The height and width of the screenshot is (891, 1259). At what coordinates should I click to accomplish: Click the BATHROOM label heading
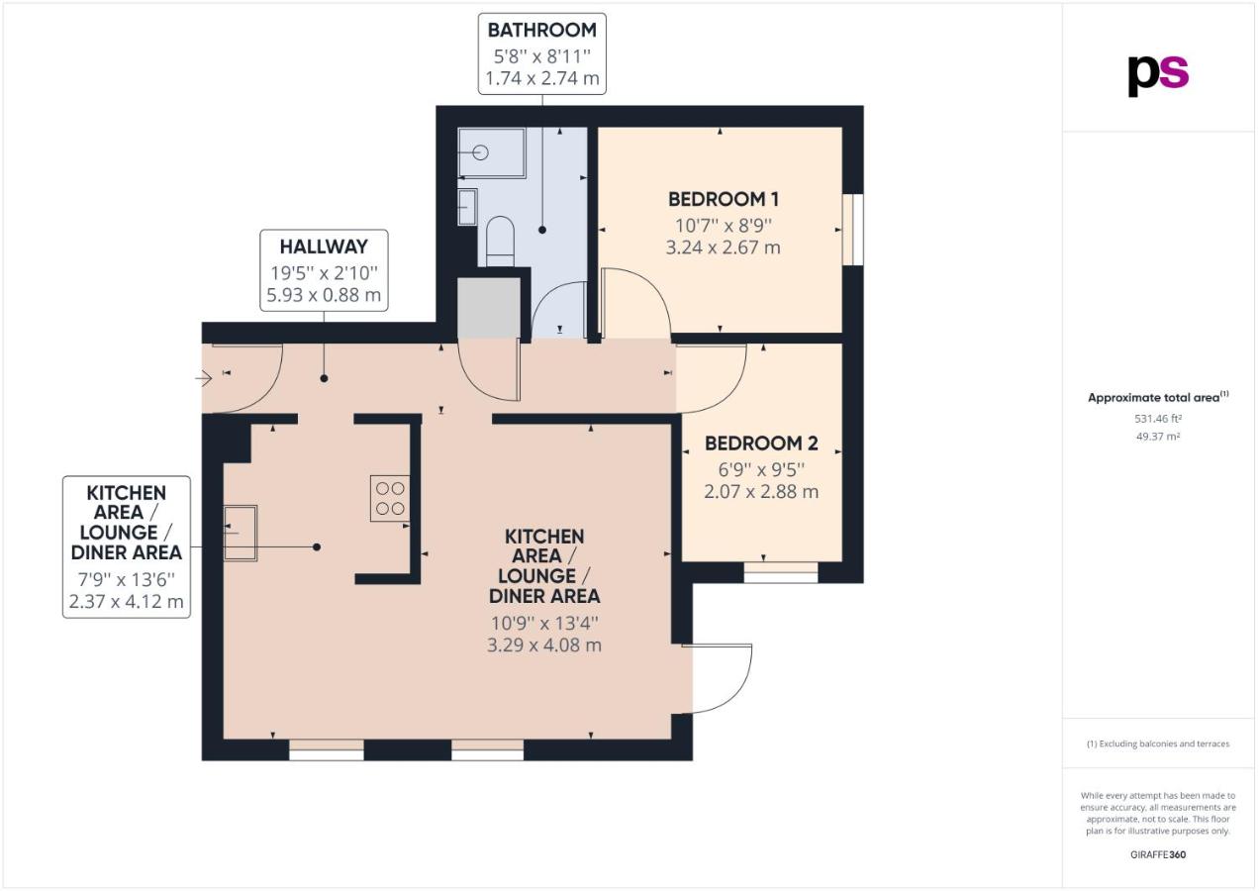(x=541, y=31)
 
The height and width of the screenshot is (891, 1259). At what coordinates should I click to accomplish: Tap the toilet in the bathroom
(x=500, y=242)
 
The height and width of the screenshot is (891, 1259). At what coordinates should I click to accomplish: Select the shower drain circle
(x=481, y=152)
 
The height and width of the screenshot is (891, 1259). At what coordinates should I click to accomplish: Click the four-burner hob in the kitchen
(x=390, y=498)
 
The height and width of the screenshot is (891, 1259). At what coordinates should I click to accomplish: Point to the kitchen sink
(x=241, y=533)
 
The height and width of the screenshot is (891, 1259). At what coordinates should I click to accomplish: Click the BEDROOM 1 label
(x=724, y=199)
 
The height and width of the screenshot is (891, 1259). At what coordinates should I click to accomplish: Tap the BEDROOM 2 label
(x=761, y=444)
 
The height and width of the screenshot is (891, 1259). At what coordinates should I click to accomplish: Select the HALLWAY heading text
(x=324, y=247)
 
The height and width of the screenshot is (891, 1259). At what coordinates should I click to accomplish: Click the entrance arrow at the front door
(x=204, y=379)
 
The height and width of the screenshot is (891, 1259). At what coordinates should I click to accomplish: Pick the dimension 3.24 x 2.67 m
(x=724, y=247)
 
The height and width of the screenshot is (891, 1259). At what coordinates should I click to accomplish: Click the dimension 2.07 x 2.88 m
(x=761, y=492)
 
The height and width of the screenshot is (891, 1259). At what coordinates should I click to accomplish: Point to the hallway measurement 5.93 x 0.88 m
(x=324, y=295)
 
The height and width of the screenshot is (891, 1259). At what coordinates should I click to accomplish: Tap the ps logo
(x=1158, y=76)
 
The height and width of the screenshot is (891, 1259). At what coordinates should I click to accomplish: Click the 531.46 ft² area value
(x=1158, y=419)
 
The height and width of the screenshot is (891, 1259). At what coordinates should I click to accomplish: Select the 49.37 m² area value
(x=1158, y=437)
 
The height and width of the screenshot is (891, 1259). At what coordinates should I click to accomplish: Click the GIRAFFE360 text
(x=1158, y=855)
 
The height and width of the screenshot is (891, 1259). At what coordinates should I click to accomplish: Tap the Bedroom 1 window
(x=852, y=230)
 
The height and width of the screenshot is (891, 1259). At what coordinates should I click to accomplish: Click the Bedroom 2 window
(x=781, y=572)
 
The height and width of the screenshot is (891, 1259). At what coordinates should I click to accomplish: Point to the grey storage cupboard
(x=488, y=308)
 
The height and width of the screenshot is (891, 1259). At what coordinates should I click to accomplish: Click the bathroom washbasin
(x=467, y=207)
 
